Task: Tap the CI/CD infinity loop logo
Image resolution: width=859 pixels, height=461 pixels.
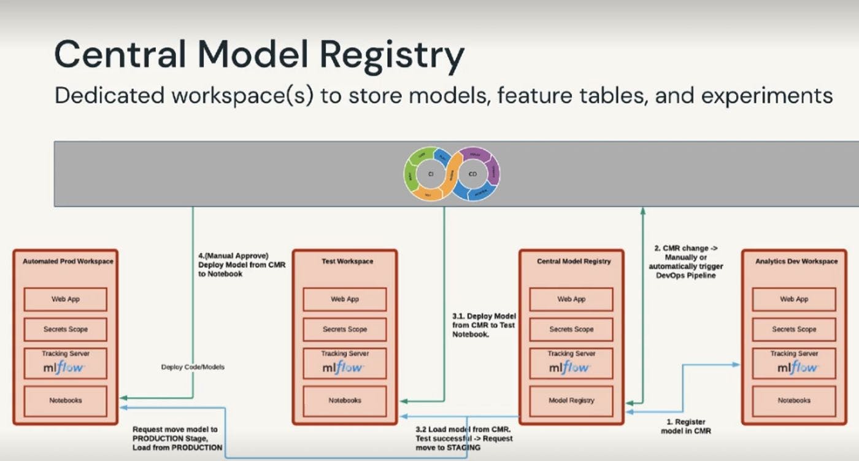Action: [x=452, y=174]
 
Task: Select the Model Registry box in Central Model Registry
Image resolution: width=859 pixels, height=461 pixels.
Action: [x=571, y=400]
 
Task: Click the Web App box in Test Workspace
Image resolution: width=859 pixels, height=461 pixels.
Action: [x=345, y=299]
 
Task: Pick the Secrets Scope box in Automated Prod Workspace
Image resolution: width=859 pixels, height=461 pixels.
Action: [x=65, y=329]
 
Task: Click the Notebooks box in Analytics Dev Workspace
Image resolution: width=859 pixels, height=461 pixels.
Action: [x=794, y=400]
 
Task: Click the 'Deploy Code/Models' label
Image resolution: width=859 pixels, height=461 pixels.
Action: [x=193, y=367]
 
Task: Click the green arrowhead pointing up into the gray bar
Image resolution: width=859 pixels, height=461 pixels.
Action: [x=642, y=211]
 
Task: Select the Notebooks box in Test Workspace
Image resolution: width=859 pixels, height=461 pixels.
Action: [x=345, y=400]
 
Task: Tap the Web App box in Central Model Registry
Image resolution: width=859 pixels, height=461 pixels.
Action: [x=571, y=299]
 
